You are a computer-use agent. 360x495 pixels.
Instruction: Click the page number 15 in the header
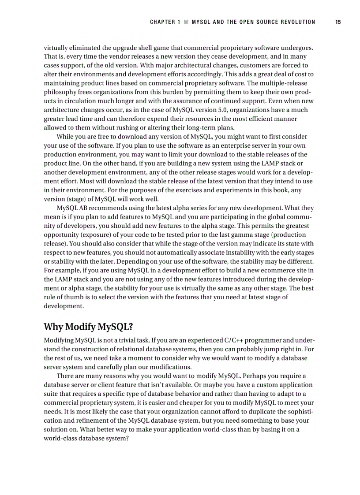pyautogui.click(x=338, y=22)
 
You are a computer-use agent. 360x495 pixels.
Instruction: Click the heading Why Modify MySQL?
pyautogui.click(x=88, y=327)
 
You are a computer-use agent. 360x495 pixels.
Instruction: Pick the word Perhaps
pyautogui.click(x=255, y=376)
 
